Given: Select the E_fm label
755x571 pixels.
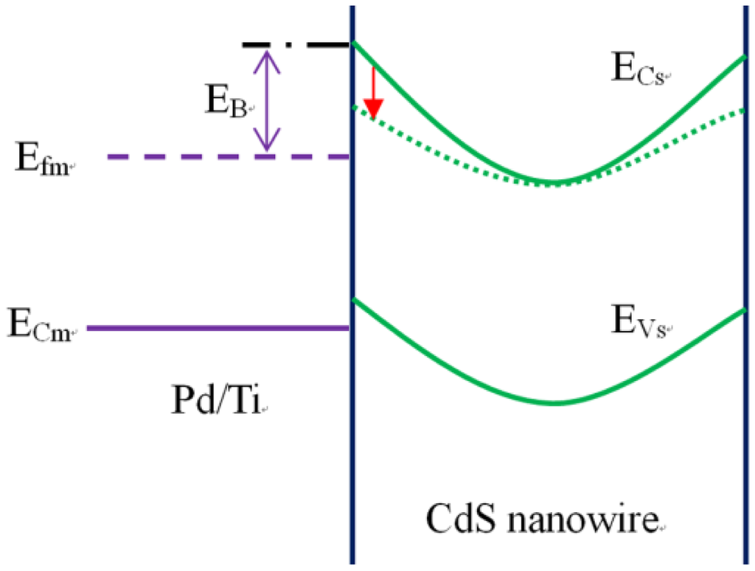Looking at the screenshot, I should click(x=41, y=158).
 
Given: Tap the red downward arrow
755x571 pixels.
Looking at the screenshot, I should click(x=374, y=93).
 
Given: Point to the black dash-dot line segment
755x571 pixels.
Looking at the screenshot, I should click(x=296, y=46).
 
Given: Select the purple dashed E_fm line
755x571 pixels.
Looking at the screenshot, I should click(x=228, y=157).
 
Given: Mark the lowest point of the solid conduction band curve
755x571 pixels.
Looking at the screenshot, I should click(x=554, y=182).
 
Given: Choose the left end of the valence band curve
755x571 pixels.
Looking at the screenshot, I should click(x=355, y=300).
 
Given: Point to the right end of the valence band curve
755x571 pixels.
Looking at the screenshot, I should click(x=743, y=310).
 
